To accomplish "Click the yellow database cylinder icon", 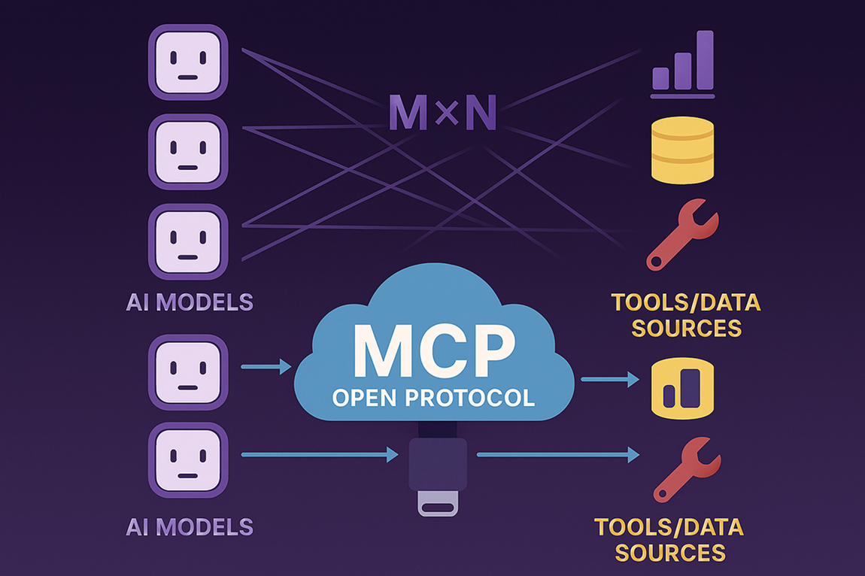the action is tap(682, 150).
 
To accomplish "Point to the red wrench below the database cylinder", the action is tap(682, 235).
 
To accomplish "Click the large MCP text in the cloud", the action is tap(434, 351).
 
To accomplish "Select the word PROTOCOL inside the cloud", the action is tap(470, 398).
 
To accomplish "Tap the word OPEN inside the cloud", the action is tap(366, 398).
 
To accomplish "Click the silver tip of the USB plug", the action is tap(438, 504).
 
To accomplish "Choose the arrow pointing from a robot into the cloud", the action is tap(266, 366).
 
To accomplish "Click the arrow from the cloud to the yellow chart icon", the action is tap(610, 379).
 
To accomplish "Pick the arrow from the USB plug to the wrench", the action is tap(558, 455).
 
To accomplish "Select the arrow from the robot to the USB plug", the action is tap(320, 455).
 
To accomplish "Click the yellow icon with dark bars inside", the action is tap(682, 389).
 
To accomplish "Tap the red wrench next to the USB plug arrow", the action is tap(686, 469).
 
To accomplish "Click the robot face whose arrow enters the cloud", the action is tap(188, 372).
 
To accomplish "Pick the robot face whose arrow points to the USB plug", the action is tap(188, 460).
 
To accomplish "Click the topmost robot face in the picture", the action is tap(188, 62).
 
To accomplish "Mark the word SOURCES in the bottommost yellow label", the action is tap(670, 553).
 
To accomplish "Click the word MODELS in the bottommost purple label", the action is tap(205, 527).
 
